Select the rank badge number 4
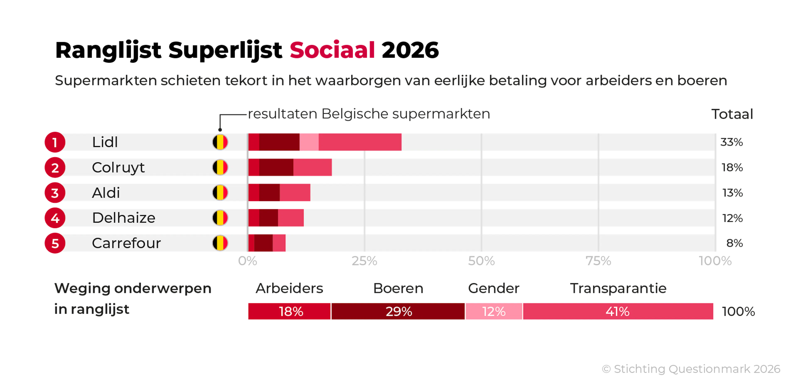(55, 218)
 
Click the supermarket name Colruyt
(118, 168)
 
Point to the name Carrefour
(126, 243)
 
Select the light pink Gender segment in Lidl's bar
(309, 142)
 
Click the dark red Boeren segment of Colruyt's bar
(276, 168)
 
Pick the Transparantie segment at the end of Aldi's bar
(295, 193)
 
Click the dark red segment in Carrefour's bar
(263, 243)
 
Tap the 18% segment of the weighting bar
(290, 311)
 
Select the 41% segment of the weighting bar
(618, 311)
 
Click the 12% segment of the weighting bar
(494, 311)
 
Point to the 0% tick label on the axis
(248, 261)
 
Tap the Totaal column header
(731, 114)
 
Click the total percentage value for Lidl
(731, 142)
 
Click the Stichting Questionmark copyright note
(691, 369)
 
